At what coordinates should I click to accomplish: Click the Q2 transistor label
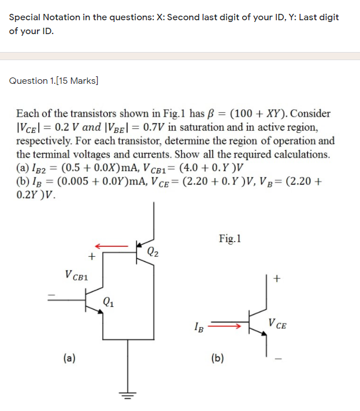153,251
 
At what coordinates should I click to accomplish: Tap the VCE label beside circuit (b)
277,324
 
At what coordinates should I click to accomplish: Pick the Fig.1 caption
231,238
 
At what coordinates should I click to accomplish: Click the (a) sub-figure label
69,358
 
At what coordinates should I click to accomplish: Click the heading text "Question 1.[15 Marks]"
54,81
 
